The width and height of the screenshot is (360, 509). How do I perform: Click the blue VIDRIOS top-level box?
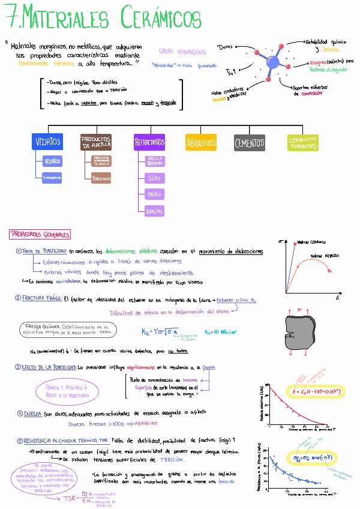(47, 142)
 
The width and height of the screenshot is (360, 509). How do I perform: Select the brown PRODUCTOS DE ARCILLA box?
(95, 142)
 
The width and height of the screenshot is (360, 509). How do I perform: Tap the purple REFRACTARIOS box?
(149, 143)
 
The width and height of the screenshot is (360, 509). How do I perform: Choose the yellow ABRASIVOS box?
(201, 143)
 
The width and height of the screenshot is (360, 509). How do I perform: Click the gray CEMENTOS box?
(249, 143)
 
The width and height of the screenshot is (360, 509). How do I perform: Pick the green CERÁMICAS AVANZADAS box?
(302, 142)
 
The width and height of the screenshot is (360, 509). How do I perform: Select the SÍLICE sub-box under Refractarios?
(154, 178)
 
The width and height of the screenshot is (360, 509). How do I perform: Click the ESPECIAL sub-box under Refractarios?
(154, 211)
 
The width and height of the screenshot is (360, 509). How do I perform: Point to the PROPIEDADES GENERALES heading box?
(41, 235)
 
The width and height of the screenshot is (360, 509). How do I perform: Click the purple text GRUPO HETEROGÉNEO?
(182, 52)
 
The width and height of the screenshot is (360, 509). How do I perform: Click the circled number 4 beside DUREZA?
(19, 414)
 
